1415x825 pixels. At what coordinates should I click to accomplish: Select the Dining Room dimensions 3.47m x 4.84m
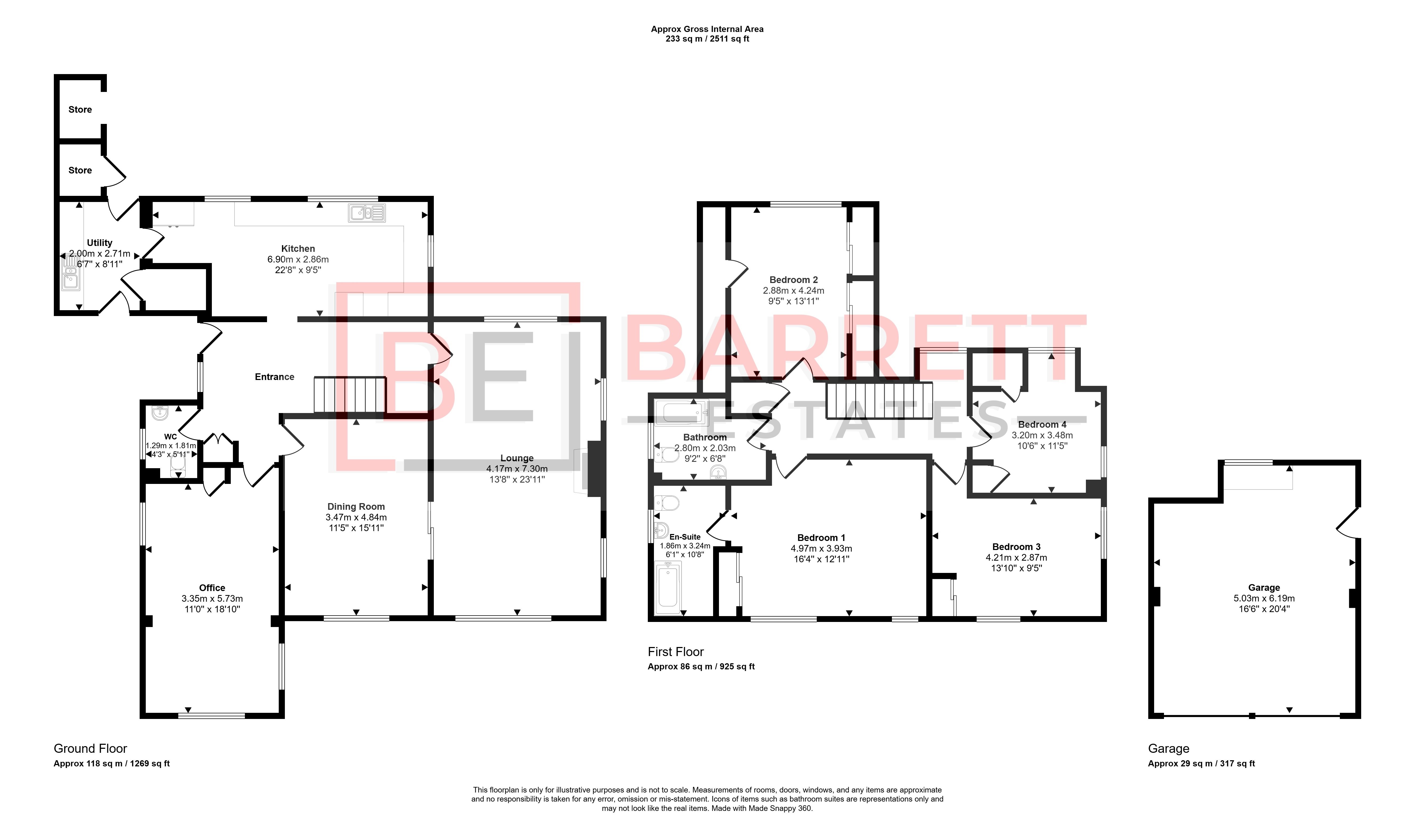click(356, 517)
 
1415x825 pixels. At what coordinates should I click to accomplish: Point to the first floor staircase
click(879, 401)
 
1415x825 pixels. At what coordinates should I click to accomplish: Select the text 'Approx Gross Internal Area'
click(707, 29)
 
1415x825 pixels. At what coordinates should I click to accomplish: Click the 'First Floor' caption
click(676, 652)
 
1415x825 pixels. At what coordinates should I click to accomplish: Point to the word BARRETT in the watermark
click(854, 348)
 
